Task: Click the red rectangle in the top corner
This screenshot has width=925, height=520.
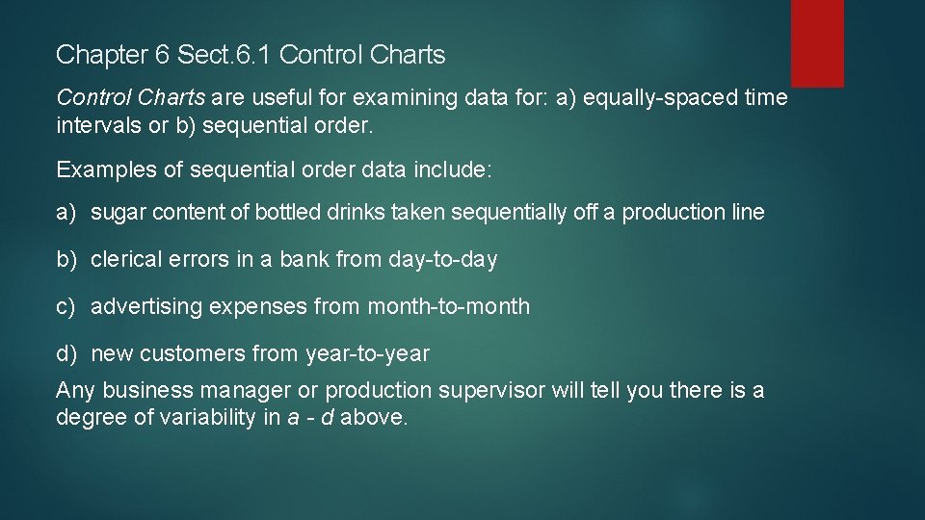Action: point(817,42)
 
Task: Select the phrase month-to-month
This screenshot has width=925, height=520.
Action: point(448,307)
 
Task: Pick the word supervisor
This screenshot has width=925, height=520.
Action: point(491,391)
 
